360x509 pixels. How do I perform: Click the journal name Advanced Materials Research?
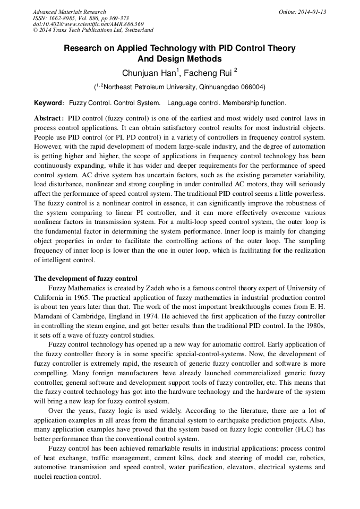coord(69,12)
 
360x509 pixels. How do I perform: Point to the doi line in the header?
coord(88,24)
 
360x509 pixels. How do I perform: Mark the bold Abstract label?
coord(49,118)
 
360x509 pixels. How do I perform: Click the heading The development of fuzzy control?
coord(85,278)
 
